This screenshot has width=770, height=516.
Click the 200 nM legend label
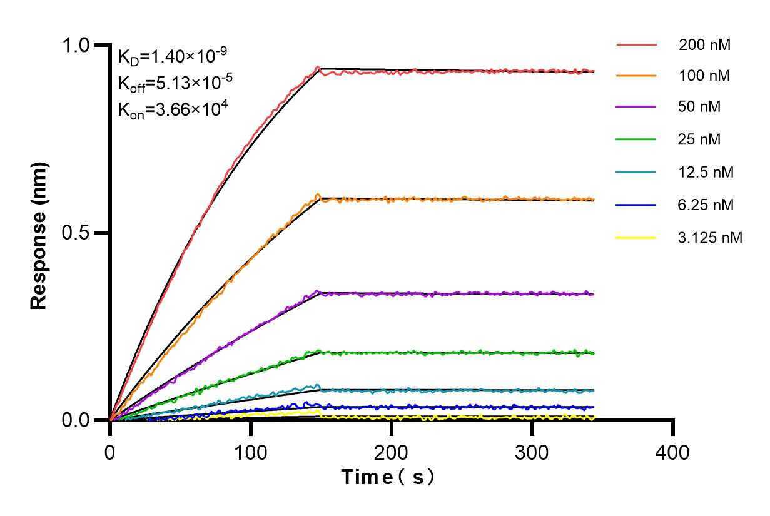click(704, 44)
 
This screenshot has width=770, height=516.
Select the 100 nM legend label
click(704, 76)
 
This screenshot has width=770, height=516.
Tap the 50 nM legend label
click(700, 107)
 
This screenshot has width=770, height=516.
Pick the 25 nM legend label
click(700, 139)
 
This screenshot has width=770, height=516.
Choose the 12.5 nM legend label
click(706, 172)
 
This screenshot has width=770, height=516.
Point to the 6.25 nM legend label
click(706, 205)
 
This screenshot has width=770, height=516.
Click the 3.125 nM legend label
click(711, 238)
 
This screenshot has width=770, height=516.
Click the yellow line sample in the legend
click(636, 238)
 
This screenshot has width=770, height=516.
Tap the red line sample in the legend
click(636, 45)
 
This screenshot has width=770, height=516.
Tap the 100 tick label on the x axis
click(251, 452)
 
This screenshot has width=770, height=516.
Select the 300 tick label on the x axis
click(532, 452)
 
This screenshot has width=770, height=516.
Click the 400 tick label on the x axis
click(673, 452)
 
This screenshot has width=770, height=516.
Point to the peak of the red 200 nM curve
click(318, 67)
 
